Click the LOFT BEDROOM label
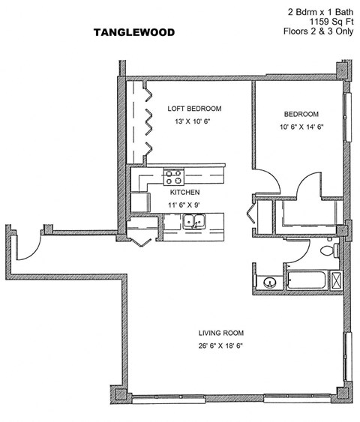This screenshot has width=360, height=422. coord(194,109)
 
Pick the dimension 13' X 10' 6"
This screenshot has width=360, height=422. coord(194,121)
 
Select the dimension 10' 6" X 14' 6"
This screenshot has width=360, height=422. coord(301,127)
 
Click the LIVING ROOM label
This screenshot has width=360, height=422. coord(221,333)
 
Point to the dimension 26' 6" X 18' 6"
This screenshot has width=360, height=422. coord(221,346)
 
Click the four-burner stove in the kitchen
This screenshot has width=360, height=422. coord(174,177)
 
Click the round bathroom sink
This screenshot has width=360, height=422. coord(269,283)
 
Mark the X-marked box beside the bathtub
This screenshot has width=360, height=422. coord(337,282)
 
